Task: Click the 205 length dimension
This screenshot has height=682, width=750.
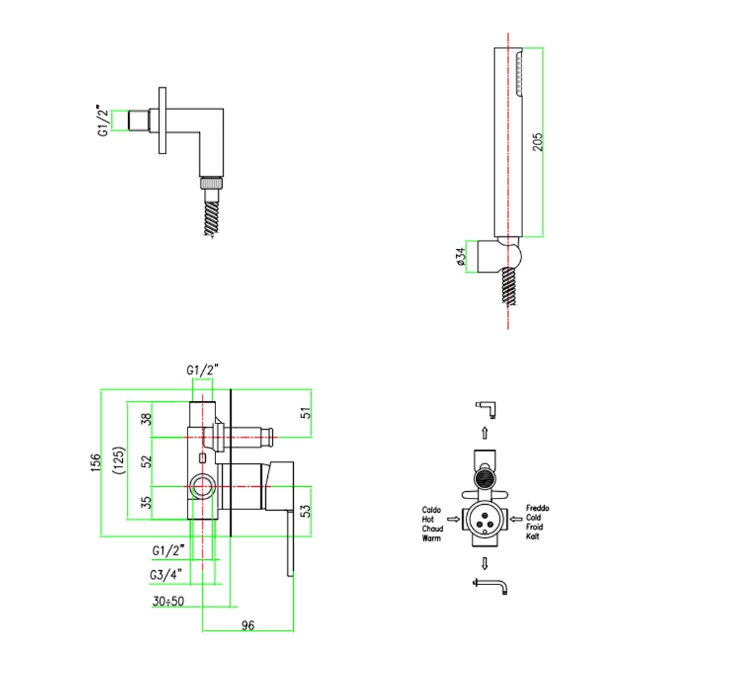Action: click(538, 142)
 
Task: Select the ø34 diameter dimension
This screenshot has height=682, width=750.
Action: click(461, 256)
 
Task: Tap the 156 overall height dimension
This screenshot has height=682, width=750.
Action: click(95, 462)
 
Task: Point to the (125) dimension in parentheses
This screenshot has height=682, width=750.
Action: click(119, 460)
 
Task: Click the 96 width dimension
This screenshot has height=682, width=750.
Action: click(247, 625)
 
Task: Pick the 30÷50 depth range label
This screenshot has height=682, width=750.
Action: click(168, 601)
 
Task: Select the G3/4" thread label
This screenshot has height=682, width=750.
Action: click(166, 574)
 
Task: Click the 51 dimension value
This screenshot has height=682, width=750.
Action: click(305, 413)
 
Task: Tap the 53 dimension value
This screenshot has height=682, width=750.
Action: click(305, 511)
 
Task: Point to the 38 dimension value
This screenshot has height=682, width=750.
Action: click(146, 419)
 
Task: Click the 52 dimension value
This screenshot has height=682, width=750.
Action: click(146, 461)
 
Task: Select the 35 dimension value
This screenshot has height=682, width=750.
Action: click(146, 502)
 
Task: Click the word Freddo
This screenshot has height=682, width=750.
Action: click(538, 508)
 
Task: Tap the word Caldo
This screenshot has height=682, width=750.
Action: click(432, 509)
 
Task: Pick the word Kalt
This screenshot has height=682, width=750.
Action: click(532, 537)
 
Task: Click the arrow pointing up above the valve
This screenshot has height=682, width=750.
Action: click(485, 432)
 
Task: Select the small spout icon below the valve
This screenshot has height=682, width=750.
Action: click(490, 587)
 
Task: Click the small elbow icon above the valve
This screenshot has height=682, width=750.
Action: click(486, 410)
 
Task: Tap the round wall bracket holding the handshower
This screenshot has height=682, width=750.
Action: click(498, 256)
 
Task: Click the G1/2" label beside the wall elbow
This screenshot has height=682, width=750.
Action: click(103, 120)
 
